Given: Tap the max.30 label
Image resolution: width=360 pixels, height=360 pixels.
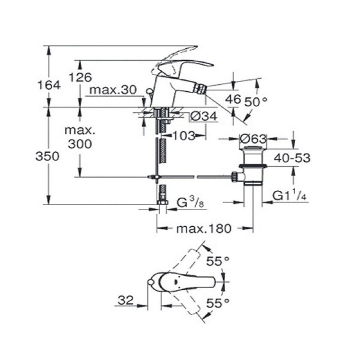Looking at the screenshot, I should point(112,90).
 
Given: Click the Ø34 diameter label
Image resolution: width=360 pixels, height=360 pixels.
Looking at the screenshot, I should point(203,116).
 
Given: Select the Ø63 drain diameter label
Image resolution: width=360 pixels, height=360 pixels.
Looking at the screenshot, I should point(253,138).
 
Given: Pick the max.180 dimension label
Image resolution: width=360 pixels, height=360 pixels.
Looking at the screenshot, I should point(203,228).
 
